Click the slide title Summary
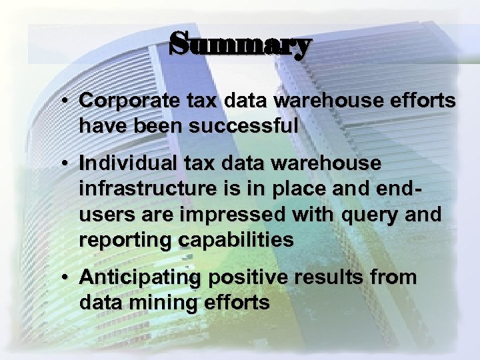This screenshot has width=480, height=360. pyautogui.click(x=239, y=45)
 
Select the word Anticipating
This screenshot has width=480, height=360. pyautogui.click(x=135, y=277)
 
